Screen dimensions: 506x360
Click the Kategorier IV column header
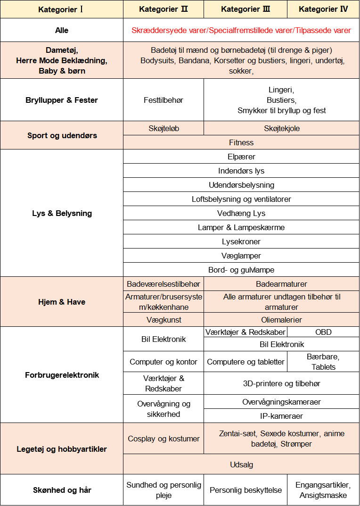coord(323,9)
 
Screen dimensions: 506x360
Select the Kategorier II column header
coord(164,9)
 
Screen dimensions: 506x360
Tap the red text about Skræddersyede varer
coord(241,30)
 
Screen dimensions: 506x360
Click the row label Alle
coord(62,30)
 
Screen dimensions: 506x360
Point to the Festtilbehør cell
coord(164,100)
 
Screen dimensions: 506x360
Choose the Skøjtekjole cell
coord(282,128)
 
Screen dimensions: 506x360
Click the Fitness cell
coord(241,142)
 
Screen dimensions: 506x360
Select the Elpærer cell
coord(241,157)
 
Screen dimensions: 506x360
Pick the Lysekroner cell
coord(241,241)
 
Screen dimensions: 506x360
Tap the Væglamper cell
coord(241,256)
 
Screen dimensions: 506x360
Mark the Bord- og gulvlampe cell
coord(241,270)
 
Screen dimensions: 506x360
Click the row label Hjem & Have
coord(62,302)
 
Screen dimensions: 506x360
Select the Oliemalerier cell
coord(282,320)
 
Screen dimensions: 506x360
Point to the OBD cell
coord(323,332)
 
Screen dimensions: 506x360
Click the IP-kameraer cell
coord(282,416)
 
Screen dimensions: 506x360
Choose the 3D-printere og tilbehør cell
coord(282,383)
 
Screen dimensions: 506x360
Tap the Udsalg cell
coord(241,465)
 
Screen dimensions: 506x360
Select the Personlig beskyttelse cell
coord(245,490)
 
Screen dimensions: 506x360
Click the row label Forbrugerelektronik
coord(62,375)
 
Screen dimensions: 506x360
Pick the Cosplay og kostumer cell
coord(164,439)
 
